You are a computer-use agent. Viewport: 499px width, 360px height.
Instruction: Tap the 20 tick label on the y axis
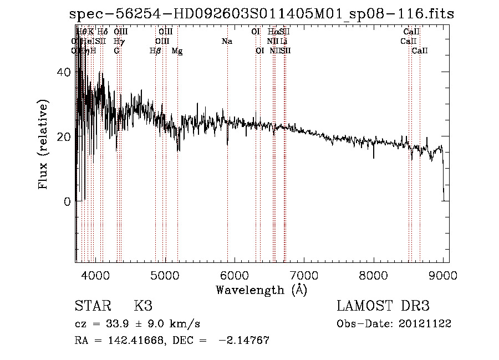coord(65,137)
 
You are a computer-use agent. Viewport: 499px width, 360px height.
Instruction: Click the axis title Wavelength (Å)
coord(261,290)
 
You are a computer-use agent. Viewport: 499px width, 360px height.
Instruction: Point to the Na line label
coord(226,42)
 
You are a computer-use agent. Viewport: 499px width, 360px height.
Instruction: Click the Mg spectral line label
coord(177,51)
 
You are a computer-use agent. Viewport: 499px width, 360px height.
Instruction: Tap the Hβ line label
coord(155,51)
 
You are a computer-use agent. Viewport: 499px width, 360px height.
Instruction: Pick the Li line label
coord(283,42)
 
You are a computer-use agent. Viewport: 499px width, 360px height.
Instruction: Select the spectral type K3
coord(143,306)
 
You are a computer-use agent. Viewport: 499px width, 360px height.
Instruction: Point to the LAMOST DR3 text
coord(383,306)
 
